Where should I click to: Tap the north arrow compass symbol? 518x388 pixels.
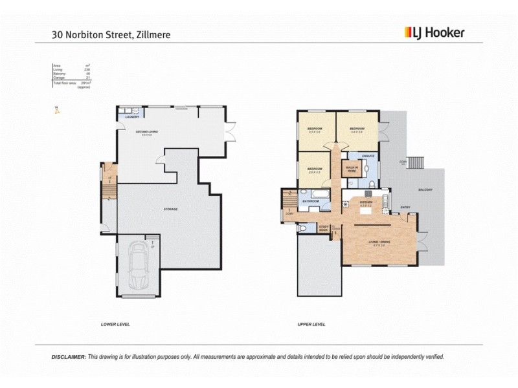tap(57, 111)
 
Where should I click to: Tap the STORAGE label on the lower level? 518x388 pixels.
tap(171, 209)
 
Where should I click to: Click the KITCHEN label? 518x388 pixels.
tap(366, 203)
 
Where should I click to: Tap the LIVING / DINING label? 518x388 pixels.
tap(377, 243)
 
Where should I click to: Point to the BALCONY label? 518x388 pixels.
tap(425, 189)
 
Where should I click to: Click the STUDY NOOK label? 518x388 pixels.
tap(323, 228)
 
